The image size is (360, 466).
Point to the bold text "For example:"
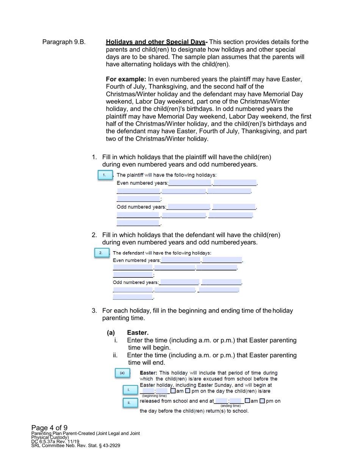coord(126,80)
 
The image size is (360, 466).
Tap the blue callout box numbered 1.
coord(105,175)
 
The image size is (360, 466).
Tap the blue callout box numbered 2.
coord(100,253)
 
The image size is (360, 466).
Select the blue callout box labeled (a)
coord(122,373)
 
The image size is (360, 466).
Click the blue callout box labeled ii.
coord(129,403)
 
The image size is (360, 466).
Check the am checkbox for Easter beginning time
coord(173,391)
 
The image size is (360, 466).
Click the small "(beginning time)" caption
coord(153,396)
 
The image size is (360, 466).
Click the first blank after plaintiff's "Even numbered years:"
coord(189,183)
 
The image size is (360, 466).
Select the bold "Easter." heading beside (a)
coord(138,333)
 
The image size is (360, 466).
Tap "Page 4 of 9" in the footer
coord(49,428)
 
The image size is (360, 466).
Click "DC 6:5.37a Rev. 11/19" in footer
coord(55,441)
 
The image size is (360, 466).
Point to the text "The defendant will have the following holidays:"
coord(162,253)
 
